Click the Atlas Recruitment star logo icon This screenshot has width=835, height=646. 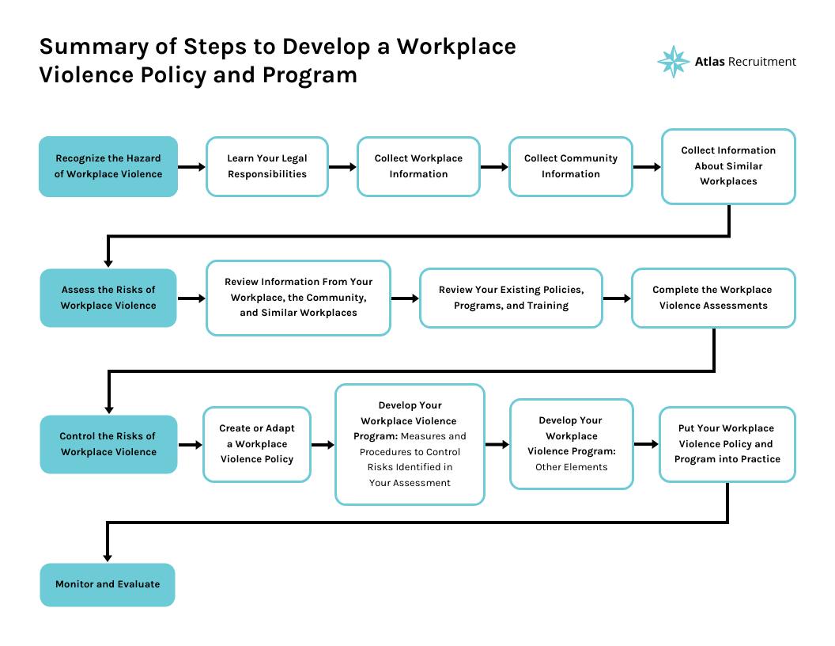click(673, 62)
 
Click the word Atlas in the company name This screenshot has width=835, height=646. click(709, 62)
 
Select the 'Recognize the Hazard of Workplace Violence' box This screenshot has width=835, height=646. click(108, 166)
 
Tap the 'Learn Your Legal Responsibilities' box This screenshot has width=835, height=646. click(267, 166)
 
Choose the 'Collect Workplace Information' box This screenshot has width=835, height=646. click(418, 166)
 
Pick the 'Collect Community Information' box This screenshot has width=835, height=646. click(570, 166)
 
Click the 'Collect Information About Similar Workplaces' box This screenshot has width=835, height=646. click(728, 166)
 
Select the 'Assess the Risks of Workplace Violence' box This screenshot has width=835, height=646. click(108, 298)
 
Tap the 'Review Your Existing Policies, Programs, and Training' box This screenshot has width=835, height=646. click(511, 298)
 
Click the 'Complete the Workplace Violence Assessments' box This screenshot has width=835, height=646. click(712, 298)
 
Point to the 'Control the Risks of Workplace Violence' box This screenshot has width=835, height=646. click(108, 444)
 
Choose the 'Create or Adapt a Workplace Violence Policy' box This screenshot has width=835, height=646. click(257, 444)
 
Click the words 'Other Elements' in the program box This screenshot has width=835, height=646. click(571, 467)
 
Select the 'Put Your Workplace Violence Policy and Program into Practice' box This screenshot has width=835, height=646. click(727, 444)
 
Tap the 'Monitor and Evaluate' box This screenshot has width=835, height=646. click(108, 584)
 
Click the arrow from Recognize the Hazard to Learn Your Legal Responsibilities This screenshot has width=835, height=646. click(191, 167)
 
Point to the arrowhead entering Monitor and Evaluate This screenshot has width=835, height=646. click(108, 556)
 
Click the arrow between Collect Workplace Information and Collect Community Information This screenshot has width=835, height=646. click(493, 167)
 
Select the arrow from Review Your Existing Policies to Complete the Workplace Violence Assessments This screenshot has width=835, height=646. click(617, 298)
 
